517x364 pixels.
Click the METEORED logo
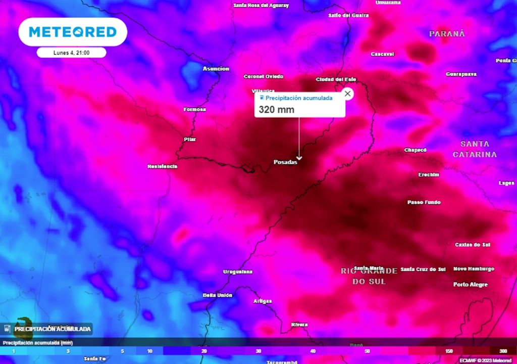tap(73, 32)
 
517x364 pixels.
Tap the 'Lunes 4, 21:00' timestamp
tap(71, 53)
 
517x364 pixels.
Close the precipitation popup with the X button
tap(347, 94)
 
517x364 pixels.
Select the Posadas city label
tap(285, 162)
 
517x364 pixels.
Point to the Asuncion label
tap(216, 69)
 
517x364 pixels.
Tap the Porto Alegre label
tap(471, 285)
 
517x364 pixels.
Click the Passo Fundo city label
tap(424, 202)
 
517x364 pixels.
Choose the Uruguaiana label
tap(238, 272)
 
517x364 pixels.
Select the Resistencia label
tap(162, 166)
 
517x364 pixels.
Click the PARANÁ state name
tap(447, 34)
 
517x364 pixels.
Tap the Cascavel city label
tap(382, 54)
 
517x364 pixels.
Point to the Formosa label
tap(195, 109)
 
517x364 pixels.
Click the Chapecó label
tap(416, 150)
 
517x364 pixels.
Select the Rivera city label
tap(299, 325)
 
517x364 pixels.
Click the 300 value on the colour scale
tap(503, 351)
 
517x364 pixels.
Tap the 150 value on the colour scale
tap(449, 351)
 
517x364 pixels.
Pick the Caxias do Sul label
tap(473, 245)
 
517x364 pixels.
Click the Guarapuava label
tap(461, 74)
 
